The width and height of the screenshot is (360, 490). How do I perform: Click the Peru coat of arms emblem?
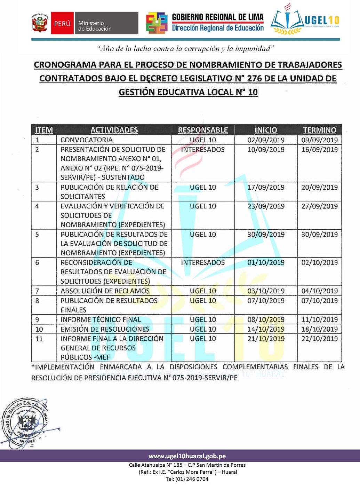(x=40, y=23)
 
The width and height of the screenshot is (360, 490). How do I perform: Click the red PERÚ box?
(x=62, y=23)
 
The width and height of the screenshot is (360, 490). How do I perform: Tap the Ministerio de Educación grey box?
(x=106, y=23)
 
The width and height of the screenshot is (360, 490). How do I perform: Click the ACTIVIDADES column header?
(x=114, y=130)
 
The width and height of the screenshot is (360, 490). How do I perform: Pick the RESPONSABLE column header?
(x=203, y=130)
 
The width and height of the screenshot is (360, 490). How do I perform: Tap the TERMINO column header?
(x=319, y=130)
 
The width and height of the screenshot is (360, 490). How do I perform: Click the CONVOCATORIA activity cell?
(x=87, y=140)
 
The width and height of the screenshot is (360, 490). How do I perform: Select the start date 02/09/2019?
(x=266, y=140)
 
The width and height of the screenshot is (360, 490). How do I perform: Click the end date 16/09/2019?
(x=319, y=150)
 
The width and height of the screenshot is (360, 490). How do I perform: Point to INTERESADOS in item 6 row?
(x=203, y=262)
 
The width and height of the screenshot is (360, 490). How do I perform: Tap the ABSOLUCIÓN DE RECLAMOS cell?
(x=105, y=291)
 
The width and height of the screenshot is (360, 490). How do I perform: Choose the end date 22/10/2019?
(x=319, y=339)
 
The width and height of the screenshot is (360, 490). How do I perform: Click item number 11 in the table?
(x=39, y=339)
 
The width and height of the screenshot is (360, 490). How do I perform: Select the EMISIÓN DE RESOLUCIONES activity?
(x=105, y=329)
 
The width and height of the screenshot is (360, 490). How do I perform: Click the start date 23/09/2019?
(x=266, y=206)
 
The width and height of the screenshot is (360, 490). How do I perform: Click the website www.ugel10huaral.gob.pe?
(x=187, y=456)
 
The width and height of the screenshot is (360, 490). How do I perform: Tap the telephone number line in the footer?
(x=187, y=479)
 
